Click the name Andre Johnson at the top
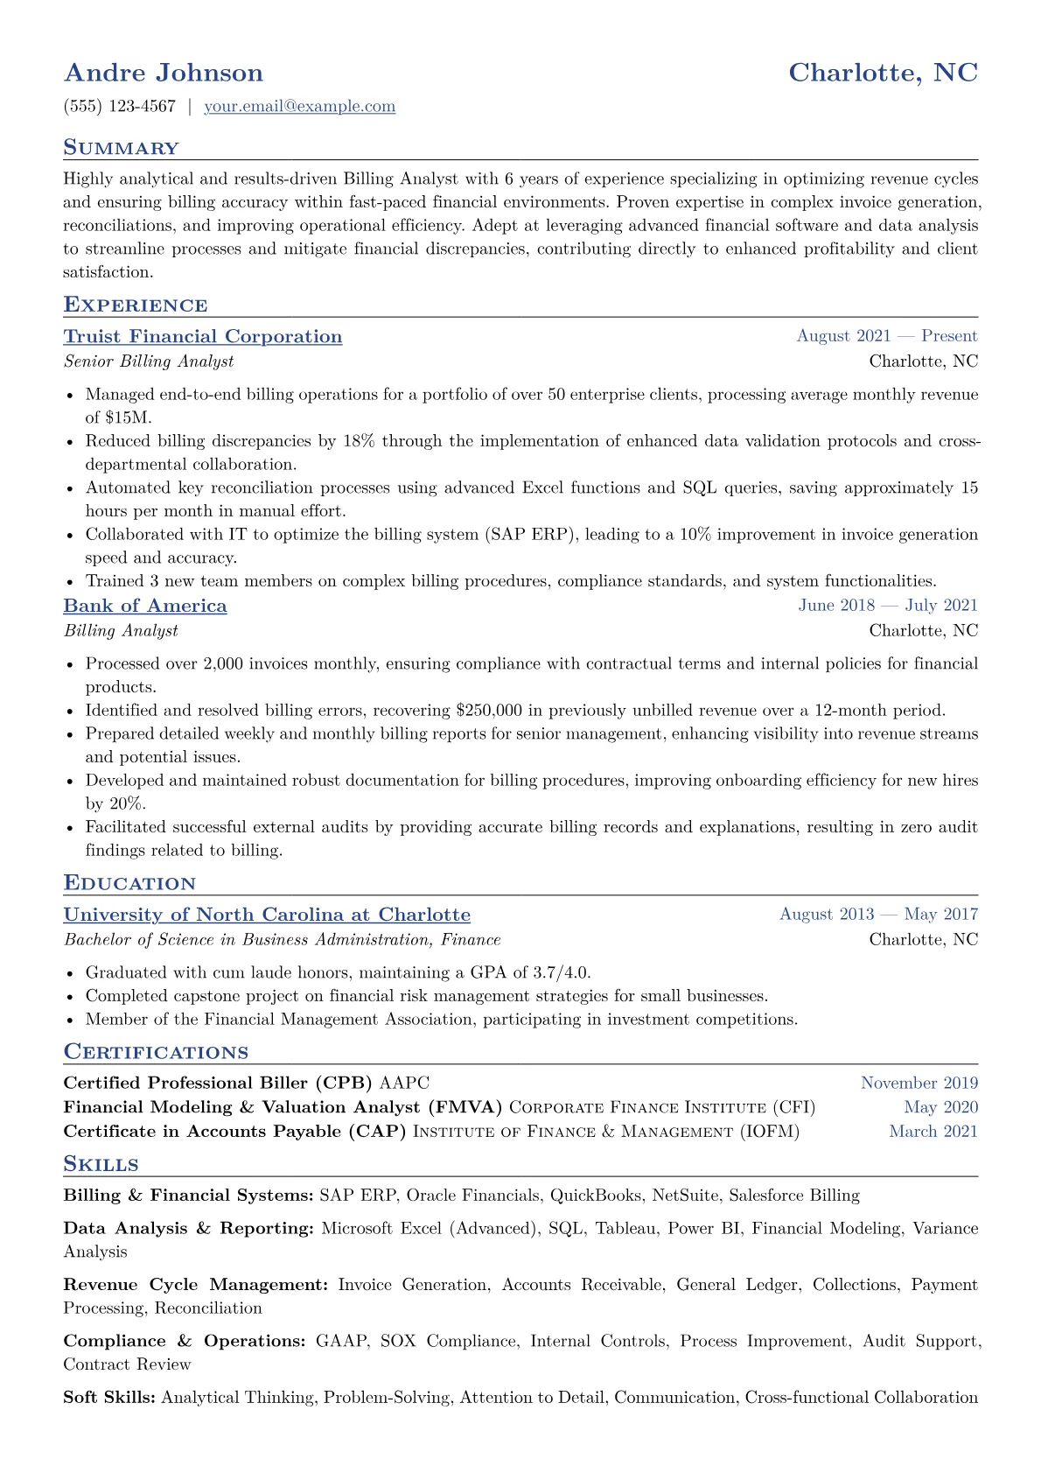pos(164,73)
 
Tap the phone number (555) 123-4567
pos(120,107)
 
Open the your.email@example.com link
pos(299,107)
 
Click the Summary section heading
pos(121,148)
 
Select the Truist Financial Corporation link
pos(203,337)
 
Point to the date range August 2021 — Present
pos(886,336)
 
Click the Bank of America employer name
pos(145,607)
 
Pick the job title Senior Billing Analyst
pos(149,361)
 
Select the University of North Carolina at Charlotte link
pos(267,915)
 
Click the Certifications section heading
pos(156,1052)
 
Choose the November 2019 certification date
pos(919,1084)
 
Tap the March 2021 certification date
pos(933,1132)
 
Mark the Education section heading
pos(129,883)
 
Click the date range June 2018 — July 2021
pos(887,606)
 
